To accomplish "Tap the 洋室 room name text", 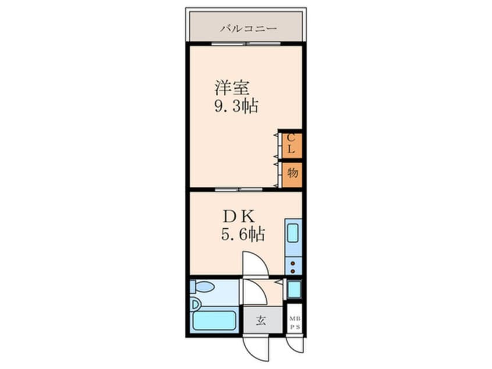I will click(232, 88).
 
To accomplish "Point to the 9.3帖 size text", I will click(236, 107).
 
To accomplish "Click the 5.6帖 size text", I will click(243, 235).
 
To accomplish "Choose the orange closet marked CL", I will click(292, 144).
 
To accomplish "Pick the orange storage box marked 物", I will click(292, 173).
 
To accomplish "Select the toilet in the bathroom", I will click(203, 288).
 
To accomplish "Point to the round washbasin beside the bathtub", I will click(195, 304).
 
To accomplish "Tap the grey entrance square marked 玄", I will click(261, 320).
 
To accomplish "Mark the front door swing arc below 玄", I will click(256, 348).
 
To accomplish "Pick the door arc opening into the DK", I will click(255, 263).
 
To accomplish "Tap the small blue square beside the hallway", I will click(294, 289).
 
